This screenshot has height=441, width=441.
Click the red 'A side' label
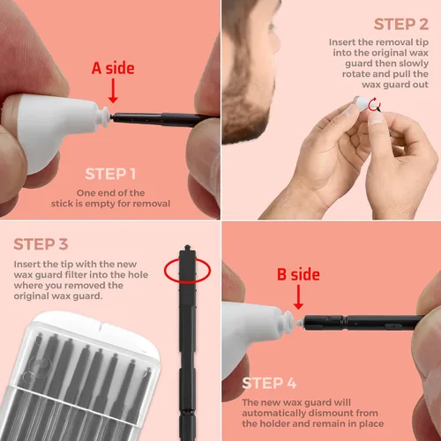[113, 68]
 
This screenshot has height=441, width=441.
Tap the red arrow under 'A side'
[113, 91]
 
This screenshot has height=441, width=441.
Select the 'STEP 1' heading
[110, 174]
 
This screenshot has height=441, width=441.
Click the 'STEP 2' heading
[401, 24]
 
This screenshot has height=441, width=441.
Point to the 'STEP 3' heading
[41, 244]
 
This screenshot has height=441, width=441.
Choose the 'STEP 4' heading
[269, 383]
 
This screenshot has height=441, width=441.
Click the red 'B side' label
[298, 274]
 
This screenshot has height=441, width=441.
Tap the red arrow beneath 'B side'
[298, 297]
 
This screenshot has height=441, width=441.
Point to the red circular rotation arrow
[374, 104]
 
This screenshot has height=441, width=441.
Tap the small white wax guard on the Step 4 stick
[300, 323]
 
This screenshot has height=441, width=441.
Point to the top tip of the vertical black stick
[187, 245]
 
